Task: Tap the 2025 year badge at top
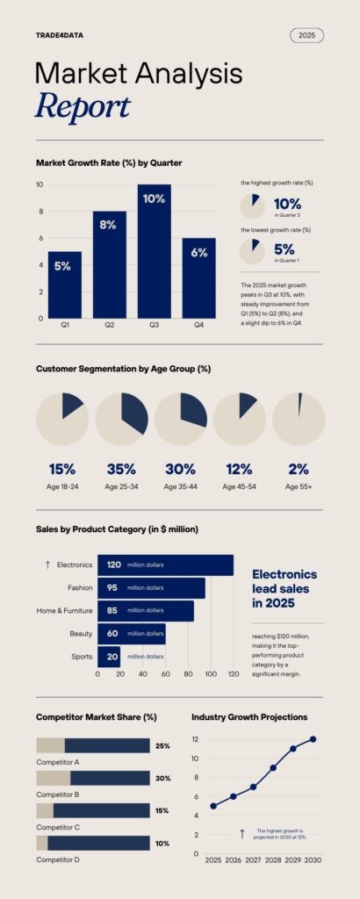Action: (306, 35)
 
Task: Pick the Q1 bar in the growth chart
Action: (64, 284)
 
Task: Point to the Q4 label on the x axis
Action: (198, 326)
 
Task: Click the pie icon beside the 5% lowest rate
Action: (252, 251)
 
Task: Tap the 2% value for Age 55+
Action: (299, 469)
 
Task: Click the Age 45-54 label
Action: (240, 486)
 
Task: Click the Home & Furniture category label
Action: (64, 610)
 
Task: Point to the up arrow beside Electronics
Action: (47, 565)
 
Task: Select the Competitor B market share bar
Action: (92, 778)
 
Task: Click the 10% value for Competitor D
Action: (162, 843)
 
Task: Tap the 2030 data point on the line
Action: (313, 739)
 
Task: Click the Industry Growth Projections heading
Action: (249, 717)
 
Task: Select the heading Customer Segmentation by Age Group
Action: (123, 369)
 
